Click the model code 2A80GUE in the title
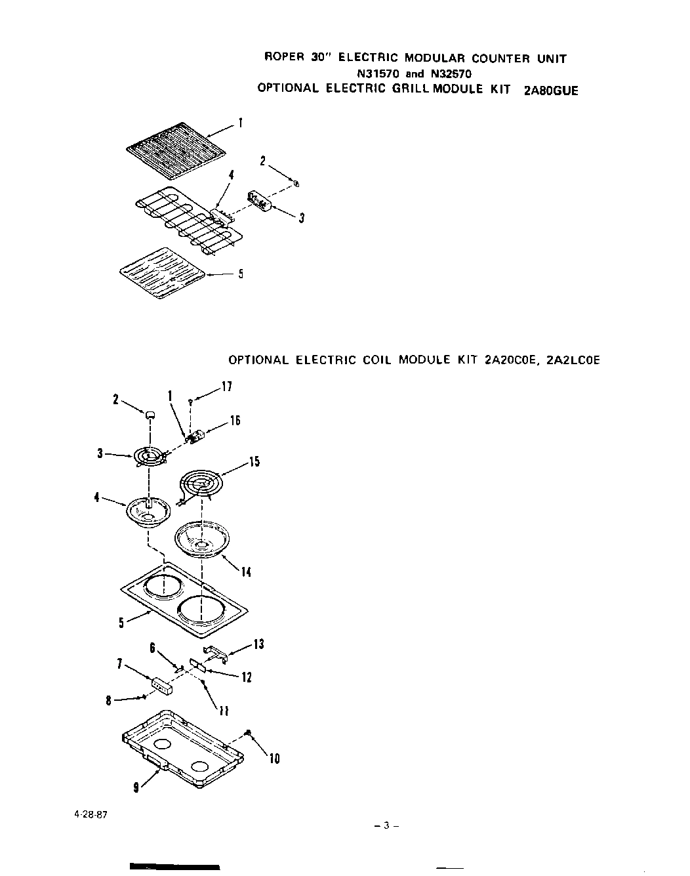tap(551, 91)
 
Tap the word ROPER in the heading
tap(283, 58)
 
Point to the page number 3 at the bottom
tap(387, 825)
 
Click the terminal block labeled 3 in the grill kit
tap(260, 200)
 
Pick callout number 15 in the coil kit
tap(254, 462)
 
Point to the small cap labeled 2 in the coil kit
tap(150, 415)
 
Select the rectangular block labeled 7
tap(161, 686)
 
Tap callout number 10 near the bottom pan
tap(275, 759)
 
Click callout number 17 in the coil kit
tap(226, 387)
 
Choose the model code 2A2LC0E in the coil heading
tap(572, 360)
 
